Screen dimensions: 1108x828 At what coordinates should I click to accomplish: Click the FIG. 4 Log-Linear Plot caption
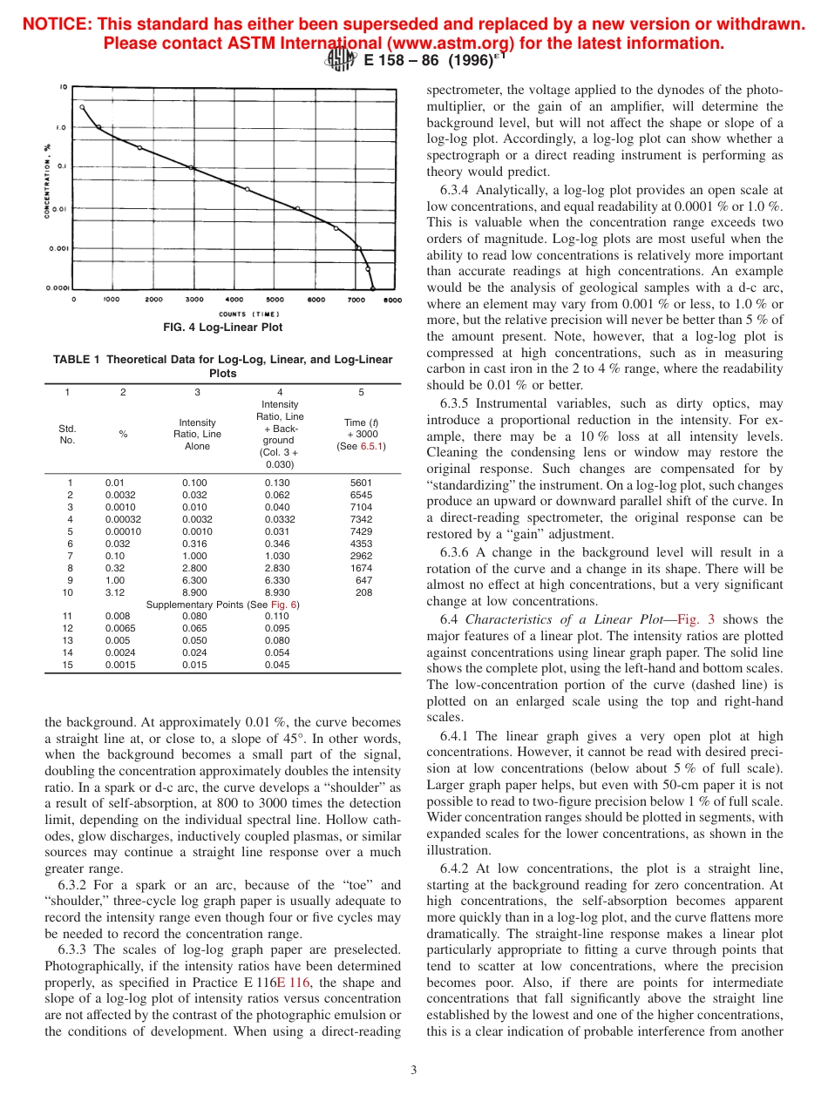[222, 328]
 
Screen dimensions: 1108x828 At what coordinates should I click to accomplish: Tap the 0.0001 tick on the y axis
[58, 287]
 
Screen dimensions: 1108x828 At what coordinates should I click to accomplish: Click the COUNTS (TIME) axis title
[248, 314]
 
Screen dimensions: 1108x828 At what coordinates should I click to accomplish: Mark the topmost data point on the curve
[82, 107]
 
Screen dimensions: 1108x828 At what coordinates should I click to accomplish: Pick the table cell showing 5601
[361, 483]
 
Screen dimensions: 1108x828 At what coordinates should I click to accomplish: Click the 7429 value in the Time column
[361, 531]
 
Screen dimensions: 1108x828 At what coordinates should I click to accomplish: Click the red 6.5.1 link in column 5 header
[373, 446]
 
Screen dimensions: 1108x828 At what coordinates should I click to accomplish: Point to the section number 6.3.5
[456, 404]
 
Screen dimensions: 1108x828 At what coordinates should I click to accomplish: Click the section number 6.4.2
[456, 868]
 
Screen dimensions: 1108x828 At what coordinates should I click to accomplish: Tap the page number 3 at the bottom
[413, 1070]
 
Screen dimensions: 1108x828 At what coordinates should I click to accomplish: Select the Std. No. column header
[67, 434]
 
